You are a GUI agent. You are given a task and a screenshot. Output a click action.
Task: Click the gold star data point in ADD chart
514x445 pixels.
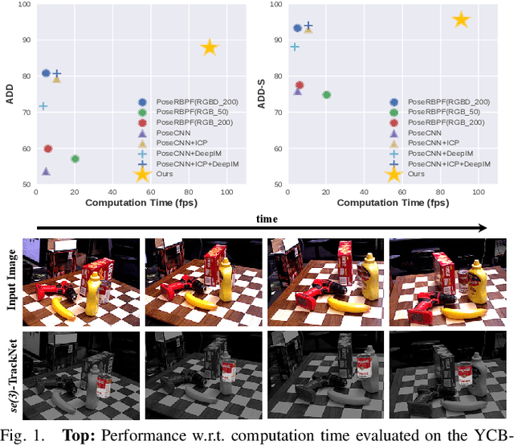coord(209,47)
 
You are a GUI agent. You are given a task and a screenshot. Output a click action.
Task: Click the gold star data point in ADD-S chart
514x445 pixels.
coord(460,20)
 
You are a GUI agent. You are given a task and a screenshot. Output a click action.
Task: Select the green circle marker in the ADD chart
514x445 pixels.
coord(75,159)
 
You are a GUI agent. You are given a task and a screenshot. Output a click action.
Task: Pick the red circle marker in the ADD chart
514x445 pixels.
coord(48,149)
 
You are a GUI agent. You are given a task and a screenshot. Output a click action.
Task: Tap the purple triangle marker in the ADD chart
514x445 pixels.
coord(46,171)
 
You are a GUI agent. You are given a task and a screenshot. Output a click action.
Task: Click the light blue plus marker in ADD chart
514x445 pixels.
coord(43,106)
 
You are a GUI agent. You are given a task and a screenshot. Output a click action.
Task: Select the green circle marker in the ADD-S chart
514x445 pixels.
coord(327,95)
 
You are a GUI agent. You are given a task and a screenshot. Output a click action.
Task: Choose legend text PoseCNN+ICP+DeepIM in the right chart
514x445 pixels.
coord(449,163)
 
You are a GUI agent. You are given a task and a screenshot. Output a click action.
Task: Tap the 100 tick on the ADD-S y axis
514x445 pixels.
coord(275,5)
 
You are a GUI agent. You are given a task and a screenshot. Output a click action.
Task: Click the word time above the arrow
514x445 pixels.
coord(267,218)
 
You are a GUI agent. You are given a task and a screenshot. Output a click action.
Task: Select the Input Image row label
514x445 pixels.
coord(12,277)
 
